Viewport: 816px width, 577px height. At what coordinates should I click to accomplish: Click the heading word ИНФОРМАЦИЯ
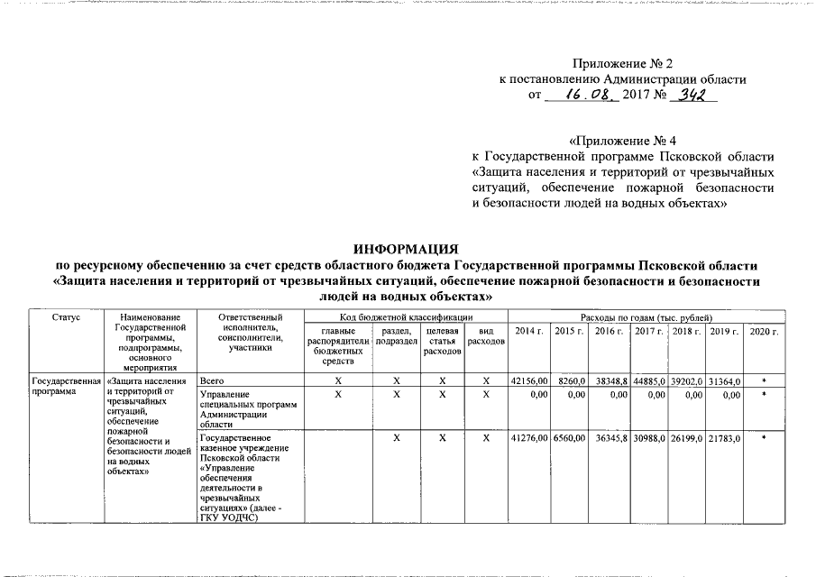click(407, 249)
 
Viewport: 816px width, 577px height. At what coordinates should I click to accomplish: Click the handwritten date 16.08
click(582, 94)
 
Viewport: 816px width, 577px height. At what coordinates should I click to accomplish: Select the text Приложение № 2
click(623, 63)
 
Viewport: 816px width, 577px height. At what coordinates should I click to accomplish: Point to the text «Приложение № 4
click(623, 141)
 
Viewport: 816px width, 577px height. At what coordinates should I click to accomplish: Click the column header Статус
click(66, 318)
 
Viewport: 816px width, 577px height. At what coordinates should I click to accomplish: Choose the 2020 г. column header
click(764, 332)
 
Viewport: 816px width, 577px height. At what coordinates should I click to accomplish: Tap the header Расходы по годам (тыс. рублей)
click(646, 318)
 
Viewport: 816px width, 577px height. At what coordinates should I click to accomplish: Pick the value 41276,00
click(528, 437)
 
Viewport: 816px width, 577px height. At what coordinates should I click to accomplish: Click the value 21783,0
click(723, 437)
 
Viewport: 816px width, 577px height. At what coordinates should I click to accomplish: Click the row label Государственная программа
click(66, 387)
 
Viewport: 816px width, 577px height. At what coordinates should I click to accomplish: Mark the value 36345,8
click(610, 437)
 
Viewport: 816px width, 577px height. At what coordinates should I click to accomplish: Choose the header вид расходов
click(486, 338)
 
